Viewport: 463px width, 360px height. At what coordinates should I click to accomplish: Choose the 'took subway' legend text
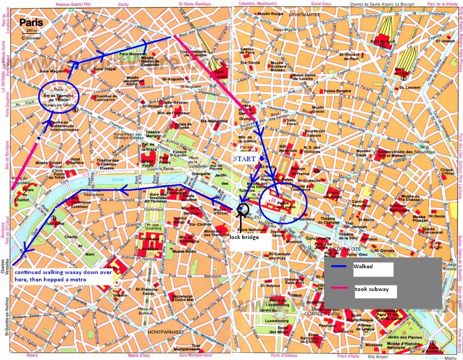tap(374, 289)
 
